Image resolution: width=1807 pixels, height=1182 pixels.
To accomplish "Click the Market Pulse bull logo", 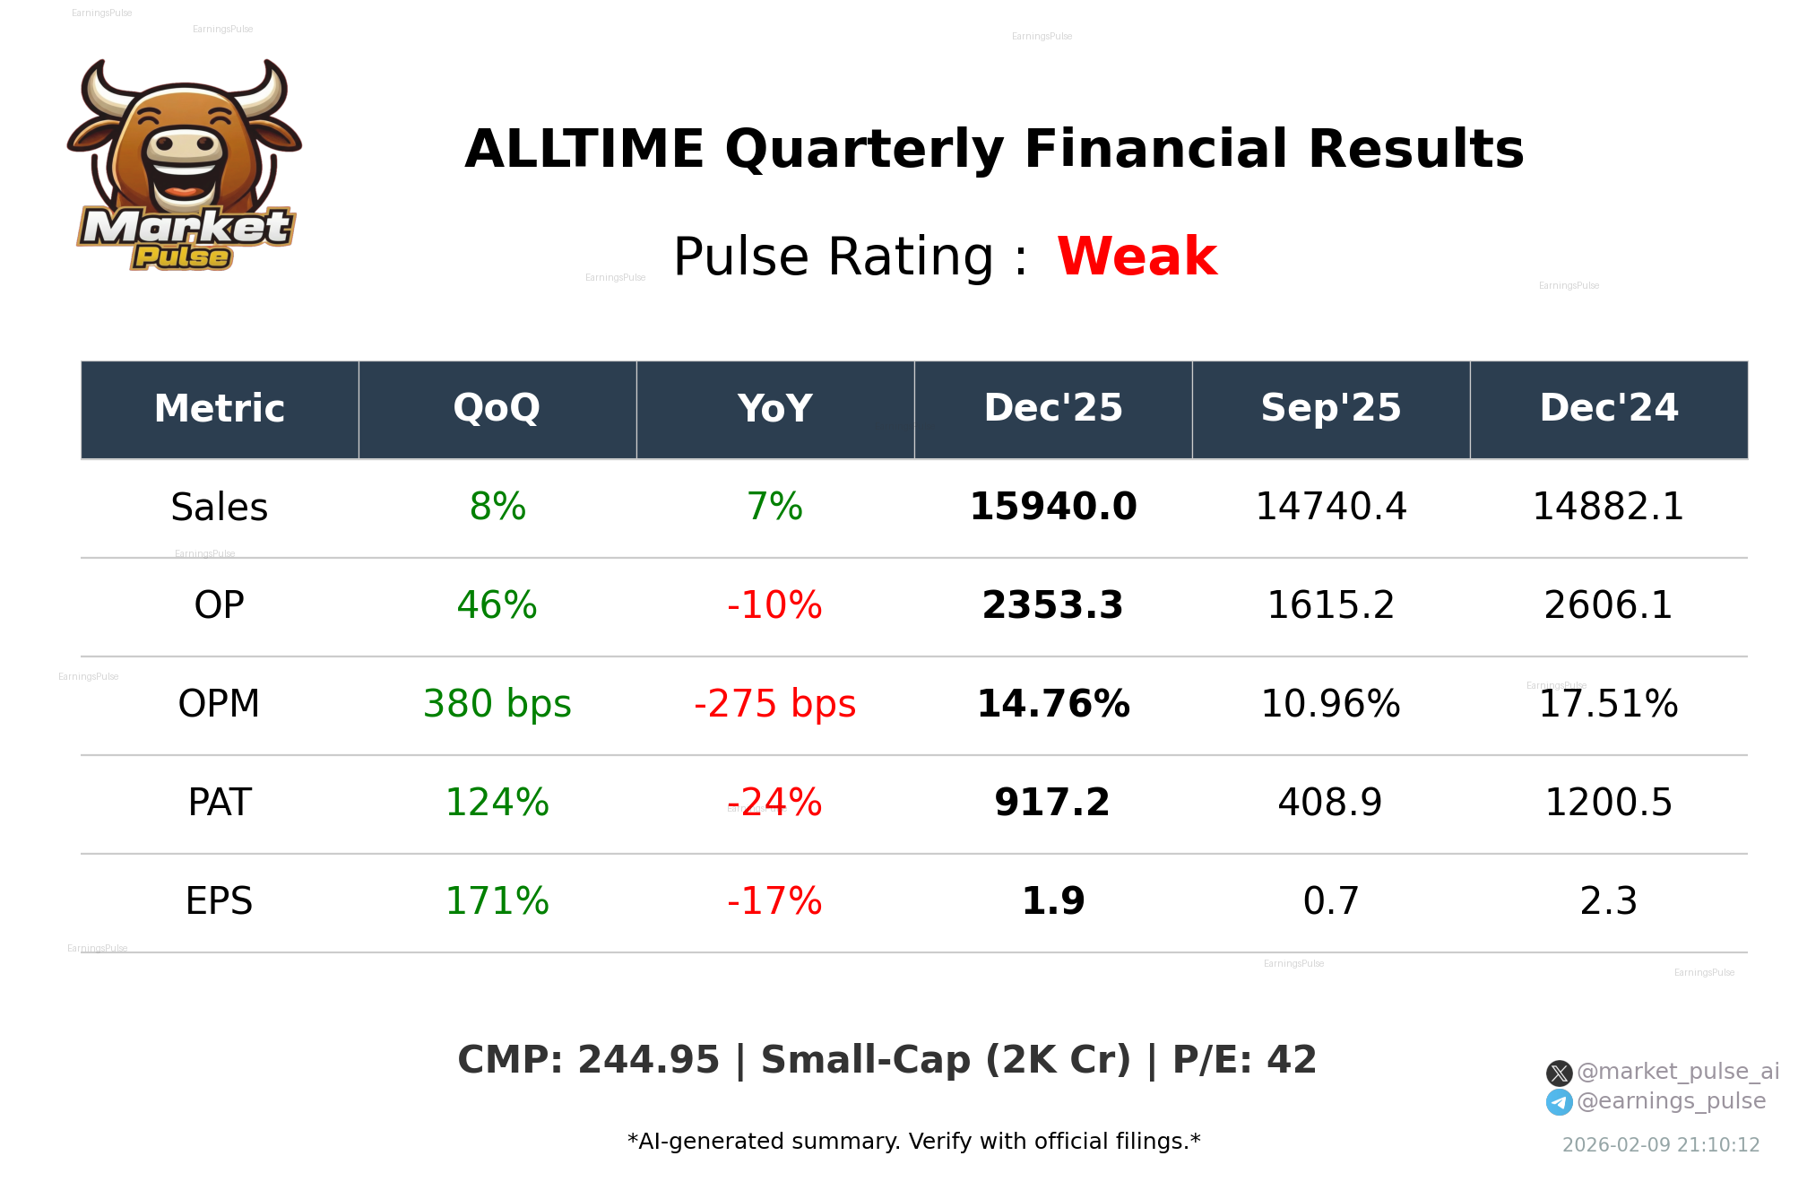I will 185,165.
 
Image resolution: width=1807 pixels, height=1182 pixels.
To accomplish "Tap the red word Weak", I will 1137,256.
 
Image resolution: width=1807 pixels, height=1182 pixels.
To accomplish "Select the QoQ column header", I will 497,409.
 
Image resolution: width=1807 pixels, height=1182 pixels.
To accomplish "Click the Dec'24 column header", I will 1608,409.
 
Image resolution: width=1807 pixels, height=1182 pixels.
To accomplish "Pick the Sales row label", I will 220,508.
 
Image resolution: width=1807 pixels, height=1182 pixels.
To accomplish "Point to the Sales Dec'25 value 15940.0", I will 1053,507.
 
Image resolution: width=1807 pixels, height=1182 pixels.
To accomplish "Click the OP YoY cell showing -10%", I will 774,605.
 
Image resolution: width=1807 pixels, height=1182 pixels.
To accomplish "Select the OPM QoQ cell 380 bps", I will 497,704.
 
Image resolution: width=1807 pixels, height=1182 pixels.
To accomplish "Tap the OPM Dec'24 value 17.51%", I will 1608,704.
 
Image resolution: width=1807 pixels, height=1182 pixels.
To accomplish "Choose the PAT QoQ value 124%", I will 497,803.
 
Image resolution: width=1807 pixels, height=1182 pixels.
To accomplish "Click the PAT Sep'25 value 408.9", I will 1330,803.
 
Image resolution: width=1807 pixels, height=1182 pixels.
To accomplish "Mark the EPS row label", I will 220,901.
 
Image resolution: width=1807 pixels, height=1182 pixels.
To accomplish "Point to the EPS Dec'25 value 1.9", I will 1053,901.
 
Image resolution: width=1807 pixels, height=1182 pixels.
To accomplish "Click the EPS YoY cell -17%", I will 774,901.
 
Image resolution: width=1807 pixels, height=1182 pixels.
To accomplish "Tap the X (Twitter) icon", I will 1559,1073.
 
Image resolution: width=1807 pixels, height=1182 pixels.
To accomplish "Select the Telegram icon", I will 1559,1102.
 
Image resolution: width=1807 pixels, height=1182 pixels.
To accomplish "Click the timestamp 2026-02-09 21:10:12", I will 1661,1145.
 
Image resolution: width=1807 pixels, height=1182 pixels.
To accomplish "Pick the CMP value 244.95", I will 648,1060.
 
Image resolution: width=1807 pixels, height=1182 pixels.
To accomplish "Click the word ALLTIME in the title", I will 584,149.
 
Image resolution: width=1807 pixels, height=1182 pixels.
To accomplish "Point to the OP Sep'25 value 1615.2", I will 1330,605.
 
